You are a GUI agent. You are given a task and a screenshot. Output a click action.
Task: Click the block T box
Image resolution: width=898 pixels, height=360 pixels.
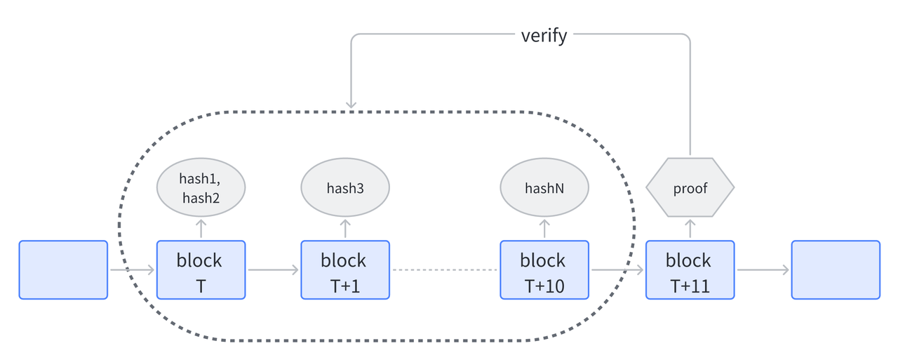[x=201, y=270]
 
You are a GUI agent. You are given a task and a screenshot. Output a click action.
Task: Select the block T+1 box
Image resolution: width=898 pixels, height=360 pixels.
[x=345, y=270]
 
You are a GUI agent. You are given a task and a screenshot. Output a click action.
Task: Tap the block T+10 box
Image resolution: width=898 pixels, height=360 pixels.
[x=544, y=270]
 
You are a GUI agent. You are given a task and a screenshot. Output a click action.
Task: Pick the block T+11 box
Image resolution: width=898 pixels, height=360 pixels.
[x=690, y=270]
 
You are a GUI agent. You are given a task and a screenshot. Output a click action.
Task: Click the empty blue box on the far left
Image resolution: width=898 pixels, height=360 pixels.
[x=63, y=270]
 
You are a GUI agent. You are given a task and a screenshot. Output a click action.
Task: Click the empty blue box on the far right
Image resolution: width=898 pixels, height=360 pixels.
[x=836, y=270]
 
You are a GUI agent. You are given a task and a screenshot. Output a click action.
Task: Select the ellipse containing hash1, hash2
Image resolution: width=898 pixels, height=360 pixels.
[x=201, y=188]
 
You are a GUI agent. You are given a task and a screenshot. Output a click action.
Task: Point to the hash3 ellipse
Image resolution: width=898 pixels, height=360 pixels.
[x=345, y=188]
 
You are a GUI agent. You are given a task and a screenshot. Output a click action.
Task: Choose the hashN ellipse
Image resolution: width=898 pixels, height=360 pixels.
[x=544, y=188]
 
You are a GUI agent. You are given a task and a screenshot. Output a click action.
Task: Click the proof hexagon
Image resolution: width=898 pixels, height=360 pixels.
[x=690, y=188]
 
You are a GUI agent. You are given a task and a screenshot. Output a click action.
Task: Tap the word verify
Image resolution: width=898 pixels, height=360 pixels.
[x=544, y=36]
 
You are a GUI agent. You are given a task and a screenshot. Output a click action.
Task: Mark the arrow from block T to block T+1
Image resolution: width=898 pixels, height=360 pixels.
[x=273, y=269]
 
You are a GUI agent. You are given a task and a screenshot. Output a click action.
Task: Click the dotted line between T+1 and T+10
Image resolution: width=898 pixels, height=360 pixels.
[x=445, y=269]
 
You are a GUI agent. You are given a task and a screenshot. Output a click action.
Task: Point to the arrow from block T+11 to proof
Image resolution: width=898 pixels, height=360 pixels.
[x=690, y=229]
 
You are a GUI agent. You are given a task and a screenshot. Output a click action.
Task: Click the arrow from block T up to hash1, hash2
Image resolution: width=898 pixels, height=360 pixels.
[x=201, y=229]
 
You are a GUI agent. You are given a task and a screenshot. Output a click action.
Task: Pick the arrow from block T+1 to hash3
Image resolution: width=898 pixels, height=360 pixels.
[x=345, y=229]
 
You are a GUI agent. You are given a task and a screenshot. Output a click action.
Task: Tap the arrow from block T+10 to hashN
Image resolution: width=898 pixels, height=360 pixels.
[x=544, y=229]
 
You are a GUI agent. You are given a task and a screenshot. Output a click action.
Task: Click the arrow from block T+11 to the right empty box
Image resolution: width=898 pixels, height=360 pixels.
[x=763, y=269]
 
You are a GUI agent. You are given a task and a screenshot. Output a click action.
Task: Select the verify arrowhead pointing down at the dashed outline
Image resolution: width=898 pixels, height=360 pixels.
[x=351, y=105]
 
